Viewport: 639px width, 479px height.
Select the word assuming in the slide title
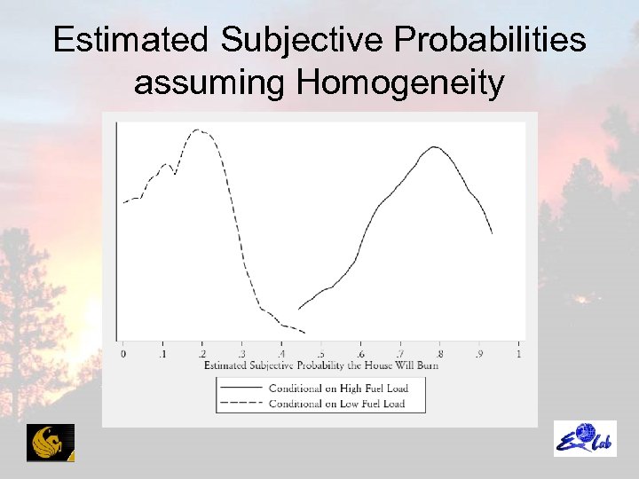pyautogui.click(x=210, y=84)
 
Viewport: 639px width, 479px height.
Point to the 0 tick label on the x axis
pyautogui.click(x=122, y=355)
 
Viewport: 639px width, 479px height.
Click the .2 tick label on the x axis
pyautogui.click(x=201, y=355)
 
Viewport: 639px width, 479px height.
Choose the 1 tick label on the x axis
pyautogui.click(x=518, y=355)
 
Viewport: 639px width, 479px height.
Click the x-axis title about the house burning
pyautogui.click(x=320, y=365)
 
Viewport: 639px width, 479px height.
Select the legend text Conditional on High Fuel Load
pyautogui.click(x=337, y=388)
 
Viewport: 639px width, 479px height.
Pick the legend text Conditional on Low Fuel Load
pyautogui.click(x=336, y=404)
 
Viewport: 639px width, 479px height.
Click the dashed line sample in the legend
pyautogui.click(x=240, y=404)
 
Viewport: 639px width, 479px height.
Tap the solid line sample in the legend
pyautogui.click(x=240, y=388)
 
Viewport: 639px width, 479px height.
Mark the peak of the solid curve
pyautogui.click(x=432, y=146)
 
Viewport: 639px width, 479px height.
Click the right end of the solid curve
pyautogui.click(x=492, y=233)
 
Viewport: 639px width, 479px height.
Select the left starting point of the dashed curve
pyautogui.click(x=123, y=202)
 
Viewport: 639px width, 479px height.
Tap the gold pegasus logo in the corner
pyautogui.click(x=51, y=443)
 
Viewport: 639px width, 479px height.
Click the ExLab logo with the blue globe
pyautogui.click(x=585, y=439)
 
